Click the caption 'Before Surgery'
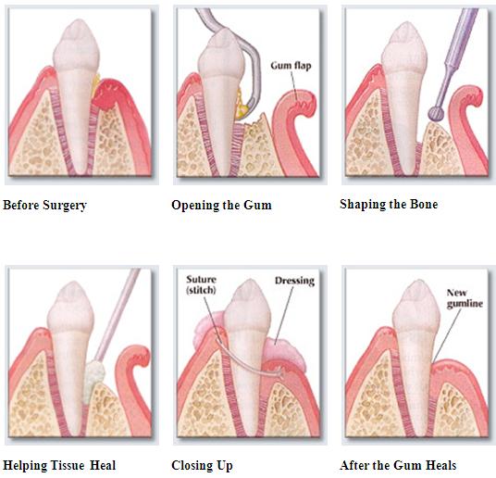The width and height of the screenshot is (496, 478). (x=44, y=206)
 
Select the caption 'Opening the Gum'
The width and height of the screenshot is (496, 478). (x=221, y=206)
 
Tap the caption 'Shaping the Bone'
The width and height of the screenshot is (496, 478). (x=389, y=205)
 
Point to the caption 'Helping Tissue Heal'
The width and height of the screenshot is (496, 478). (x=59, y=465)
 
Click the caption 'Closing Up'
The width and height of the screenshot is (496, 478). (x=202, y=466)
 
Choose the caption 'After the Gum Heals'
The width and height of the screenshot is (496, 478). (x=398, y=465)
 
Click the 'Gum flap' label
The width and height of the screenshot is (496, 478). (x=291, y=66)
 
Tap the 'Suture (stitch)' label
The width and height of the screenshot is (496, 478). (x=201, y=284)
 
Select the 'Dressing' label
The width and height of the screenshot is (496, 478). (x=294, y=281)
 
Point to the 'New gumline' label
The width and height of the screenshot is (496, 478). (x=465, y=298)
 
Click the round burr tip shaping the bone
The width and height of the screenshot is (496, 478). (x=435, y=113)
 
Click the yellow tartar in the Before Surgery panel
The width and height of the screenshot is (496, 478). (x=95, y=83)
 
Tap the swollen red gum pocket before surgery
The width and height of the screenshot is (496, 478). (x=106, y=94)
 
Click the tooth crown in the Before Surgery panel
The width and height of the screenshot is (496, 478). (x=76, y=45)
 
